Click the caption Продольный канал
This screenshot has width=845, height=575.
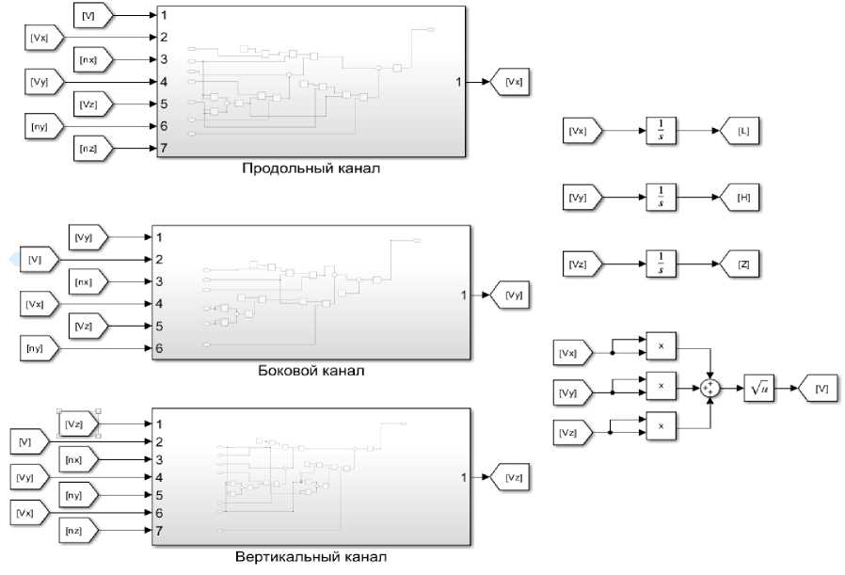tap(311, 169)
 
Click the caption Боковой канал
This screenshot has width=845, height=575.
tap(311, 371)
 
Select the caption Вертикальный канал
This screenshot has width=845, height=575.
tap(311, 556)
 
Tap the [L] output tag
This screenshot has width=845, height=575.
tap(741, 131)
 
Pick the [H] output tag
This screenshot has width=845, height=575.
tap(741, 198)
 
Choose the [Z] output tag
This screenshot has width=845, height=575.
tap(741, 264)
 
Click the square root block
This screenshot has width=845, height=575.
tap(758, 388)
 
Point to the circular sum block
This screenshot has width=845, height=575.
tap(712, 388)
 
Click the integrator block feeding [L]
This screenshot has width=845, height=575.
tap(662, 131)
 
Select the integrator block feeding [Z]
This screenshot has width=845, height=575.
tap(662, 264)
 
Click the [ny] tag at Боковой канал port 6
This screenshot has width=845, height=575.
tap(40, 349)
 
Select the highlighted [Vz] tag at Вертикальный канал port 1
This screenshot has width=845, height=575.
tap(78, 423)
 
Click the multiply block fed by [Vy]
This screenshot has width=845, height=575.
tap(661, 387)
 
